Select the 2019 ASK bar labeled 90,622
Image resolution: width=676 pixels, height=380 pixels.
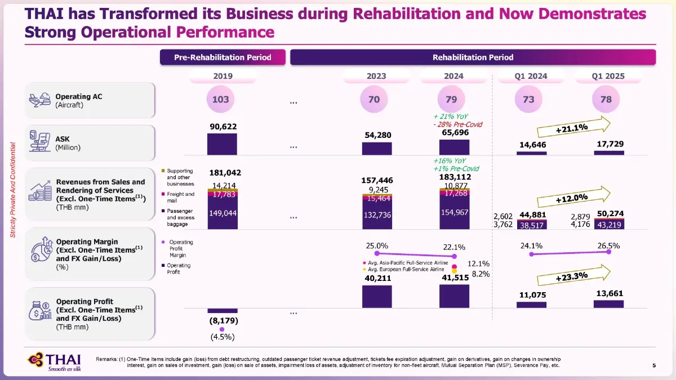click(222, 144)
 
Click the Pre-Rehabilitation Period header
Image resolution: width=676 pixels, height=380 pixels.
click(223, 57)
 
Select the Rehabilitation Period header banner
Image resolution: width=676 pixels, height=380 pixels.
click(473, 57)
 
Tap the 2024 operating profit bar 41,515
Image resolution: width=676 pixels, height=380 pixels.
click(454, 296)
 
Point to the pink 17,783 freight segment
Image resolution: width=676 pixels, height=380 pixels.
click(222, 195)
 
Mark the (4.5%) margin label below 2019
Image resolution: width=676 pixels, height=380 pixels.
click(222, 338)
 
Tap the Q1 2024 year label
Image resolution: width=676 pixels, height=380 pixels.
click(532, 77)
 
